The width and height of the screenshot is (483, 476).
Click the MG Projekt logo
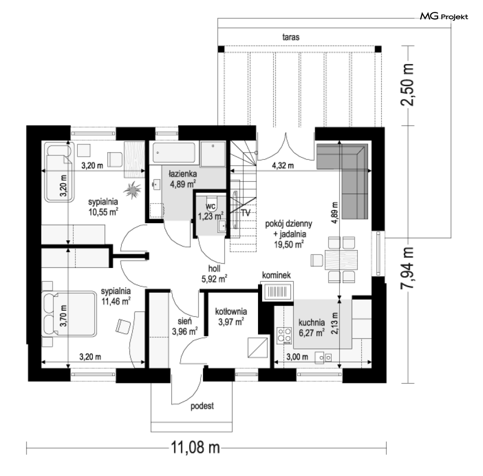coord(444,16)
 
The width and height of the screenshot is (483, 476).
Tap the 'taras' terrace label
coord(291,37)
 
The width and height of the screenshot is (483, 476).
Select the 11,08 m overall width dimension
coord(195,447)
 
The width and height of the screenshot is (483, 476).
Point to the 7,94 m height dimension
coord(407,268)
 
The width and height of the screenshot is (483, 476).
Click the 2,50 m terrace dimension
coord(407,85)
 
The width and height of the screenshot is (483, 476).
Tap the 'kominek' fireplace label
coord(276,275)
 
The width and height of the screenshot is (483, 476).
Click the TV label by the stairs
coord(246,213)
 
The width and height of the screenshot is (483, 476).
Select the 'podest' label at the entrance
coord(202,406)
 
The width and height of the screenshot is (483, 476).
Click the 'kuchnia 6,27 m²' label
coord(311,328)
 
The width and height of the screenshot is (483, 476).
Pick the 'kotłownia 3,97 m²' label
coord(231,317)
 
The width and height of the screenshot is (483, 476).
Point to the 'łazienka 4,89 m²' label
coord(183,179)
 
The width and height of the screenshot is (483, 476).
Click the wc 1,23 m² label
coord(211,211)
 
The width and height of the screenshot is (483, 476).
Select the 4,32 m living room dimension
coord(283,166)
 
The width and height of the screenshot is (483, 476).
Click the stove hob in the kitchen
coord(284,335)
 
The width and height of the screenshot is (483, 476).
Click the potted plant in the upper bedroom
coord(133,190)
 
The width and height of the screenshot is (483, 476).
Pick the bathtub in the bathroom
coord(174,152)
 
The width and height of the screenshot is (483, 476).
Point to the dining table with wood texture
coord(341,260)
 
